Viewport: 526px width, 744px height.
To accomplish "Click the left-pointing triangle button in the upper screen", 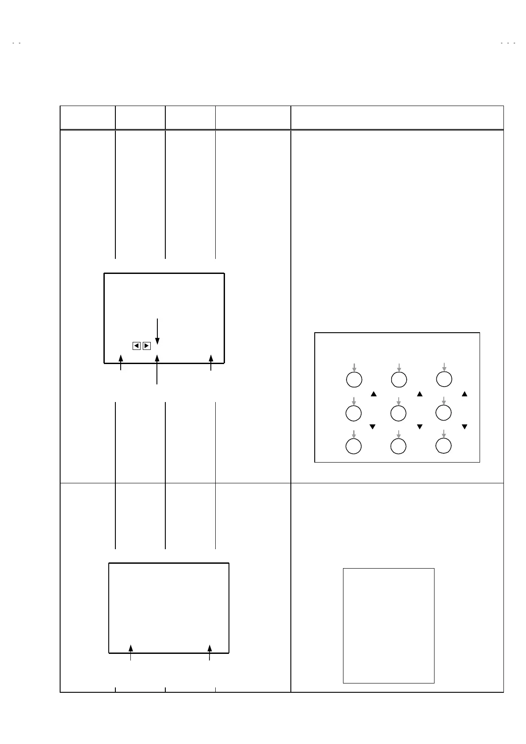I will (x=137, y=346).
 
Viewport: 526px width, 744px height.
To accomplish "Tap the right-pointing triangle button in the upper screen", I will (x=147, y=346).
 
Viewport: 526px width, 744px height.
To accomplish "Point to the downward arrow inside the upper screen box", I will (x=157, y=331).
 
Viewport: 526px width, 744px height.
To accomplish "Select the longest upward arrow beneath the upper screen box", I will (x=157, y=369).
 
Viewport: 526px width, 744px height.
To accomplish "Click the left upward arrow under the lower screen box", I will (x=130, y=653).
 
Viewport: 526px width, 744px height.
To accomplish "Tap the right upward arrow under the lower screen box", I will (x=210, y=653).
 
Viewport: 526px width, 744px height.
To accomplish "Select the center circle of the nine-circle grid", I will (x=399, y=413).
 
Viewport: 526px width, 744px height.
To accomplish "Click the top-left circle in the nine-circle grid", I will (x=354, y=380).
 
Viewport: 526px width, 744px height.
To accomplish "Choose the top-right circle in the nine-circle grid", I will (x=444, y=379).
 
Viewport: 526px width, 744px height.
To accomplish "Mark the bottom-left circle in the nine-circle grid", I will (x=353, y=446).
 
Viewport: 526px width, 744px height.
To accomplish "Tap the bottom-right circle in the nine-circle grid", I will (x=443, y=446).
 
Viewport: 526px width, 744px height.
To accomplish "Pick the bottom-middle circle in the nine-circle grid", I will (x=399, y=447).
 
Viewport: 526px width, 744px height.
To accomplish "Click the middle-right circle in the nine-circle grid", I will (x=443, y=413).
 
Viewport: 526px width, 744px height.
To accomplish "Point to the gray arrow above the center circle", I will (x=399, y=401).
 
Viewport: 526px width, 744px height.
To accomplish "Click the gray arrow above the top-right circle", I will (x=444, y=367).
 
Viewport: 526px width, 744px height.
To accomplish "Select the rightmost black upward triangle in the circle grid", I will (x=465, y=394).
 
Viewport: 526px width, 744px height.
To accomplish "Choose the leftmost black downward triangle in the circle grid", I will (x=372, y=427).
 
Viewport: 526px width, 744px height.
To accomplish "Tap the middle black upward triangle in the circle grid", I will (x=420, y=394).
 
